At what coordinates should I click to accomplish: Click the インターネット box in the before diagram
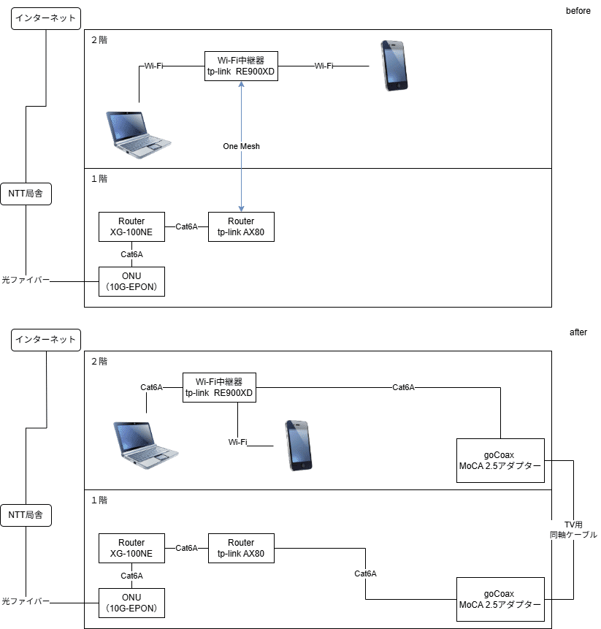pos(46,18)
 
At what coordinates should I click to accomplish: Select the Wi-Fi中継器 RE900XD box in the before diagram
pos(241,66)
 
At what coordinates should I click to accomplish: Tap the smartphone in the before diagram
pos(394,66)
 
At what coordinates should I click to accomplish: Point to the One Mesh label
pos(241,146)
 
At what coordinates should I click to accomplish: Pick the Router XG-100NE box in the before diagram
pos(131,226)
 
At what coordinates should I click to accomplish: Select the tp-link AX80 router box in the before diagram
pos(241,226)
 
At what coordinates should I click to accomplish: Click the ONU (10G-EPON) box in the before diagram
pos(131,281)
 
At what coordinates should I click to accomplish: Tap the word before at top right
pos(578,11)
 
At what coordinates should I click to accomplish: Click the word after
pos(578,332)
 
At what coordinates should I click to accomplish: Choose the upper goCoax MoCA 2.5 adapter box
pos(500,460)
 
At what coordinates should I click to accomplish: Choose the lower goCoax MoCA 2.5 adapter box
pos(500,599)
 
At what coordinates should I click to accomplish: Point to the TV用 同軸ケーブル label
pos(573,530)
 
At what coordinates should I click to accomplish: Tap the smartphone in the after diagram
pos(298,445)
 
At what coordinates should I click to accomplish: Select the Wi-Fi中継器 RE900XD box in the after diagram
pos(219,387)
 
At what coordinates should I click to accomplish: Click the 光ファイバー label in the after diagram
pos(26,601)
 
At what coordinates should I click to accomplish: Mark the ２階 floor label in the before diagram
pos(99,40)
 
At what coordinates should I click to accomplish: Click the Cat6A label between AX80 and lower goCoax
pos(365,573)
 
